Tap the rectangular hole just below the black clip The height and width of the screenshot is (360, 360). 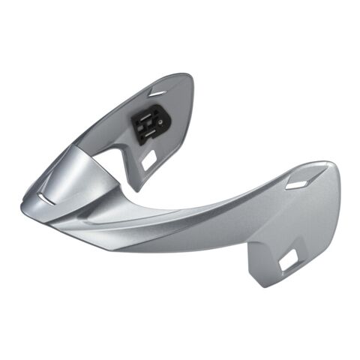[149, 158]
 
